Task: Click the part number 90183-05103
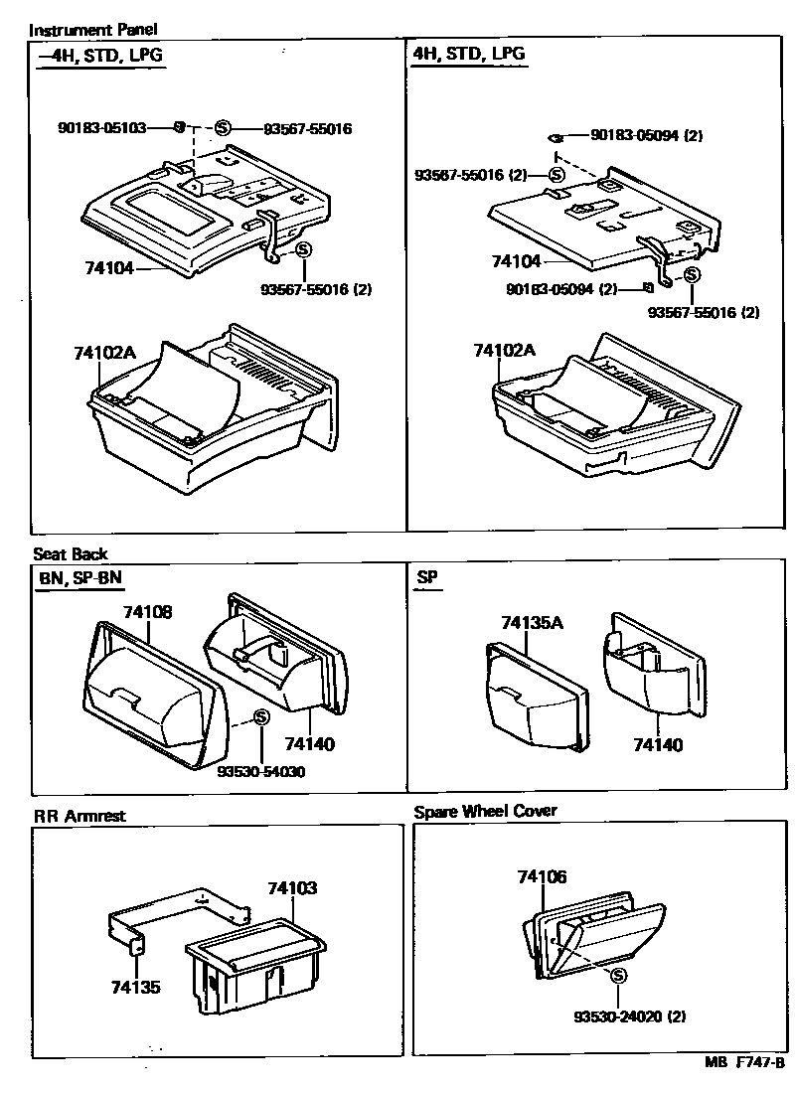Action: (103, 128)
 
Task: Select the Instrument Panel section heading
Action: (80, 31)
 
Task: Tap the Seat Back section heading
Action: (71, 553)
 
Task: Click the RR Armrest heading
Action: (79, 817)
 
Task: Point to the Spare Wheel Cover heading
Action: (485, 811)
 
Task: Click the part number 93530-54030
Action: (260, 771)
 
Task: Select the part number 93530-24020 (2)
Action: (630, 1016)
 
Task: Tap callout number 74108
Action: (147, 612)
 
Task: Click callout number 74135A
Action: (532, 623)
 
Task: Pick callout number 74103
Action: (292, 888)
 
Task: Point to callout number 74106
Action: (542, 876)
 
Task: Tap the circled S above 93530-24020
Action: (618, 976)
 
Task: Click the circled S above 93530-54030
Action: (260, 717)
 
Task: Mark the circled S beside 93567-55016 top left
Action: (223, 128)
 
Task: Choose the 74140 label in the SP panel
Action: (659, 744)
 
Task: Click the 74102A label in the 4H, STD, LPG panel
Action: (504, 351)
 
